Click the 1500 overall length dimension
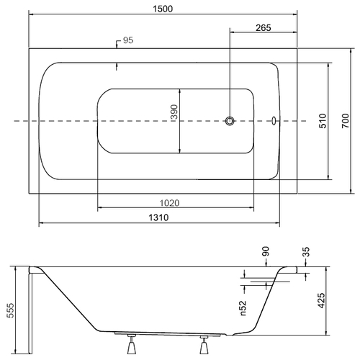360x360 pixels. click(x=163, y=9)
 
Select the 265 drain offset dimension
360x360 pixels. click(x=264, y=28)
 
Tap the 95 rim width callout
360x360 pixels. click(x=128, y=40)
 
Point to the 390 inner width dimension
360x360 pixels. click(x=174, y=112)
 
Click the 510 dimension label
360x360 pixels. click(x=323, y=121)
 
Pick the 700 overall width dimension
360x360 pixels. click(x=346, y=121)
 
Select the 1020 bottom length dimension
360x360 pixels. click(x=169, y=203)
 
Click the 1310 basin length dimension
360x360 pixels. click(x=158, y=217)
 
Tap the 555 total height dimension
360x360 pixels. click(x=11, y=310)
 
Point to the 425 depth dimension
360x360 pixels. click(x=321, y=300)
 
